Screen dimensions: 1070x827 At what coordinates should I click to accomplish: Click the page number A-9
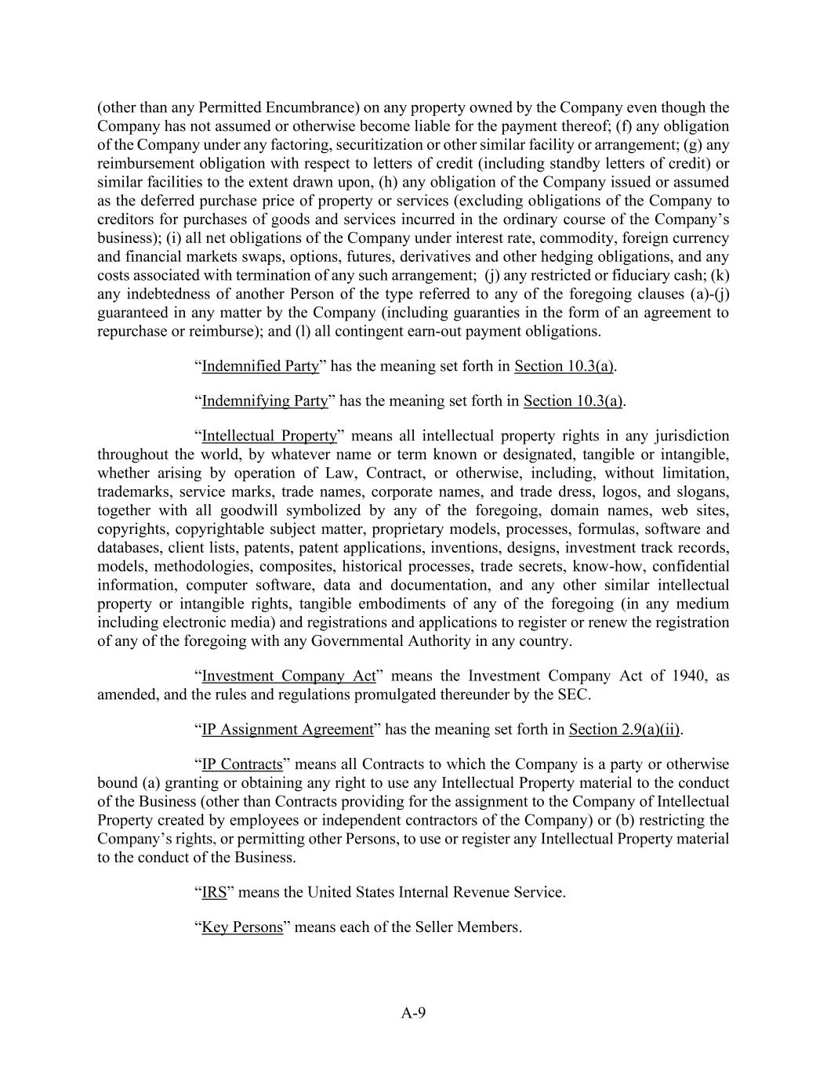[413, 1013]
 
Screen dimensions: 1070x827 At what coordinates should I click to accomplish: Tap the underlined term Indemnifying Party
[265, 401]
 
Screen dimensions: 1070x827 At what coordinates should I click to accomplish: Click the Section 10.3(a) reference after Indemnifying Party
[573, 401]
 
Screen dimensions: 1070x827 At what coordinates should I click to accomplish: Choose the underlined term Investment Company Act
[288, 676]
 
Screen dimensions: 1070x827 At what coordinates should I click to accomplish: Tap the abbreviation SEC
[574, 695]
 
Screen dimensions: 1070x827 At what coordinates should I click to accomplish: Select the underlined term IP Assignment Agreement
[288, 729]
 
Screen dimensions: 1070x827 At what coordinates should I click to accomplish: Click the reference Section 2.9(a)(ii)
[624, 729]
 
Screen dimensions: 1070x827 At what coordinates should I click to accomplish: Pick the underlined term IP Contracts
[242, 764]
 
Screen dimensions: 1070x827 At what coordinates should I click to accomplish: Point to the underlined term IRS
[214, 892]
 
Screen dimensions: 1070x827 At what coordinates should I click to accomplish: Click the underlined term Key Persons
[242, 927]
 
